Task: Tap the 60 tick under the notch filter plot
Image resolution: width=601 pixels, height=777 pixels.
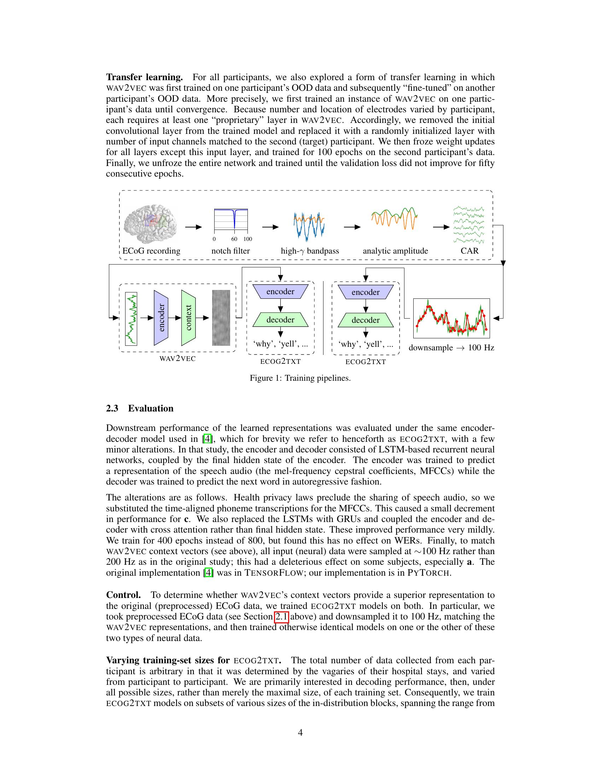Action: pos(234,239)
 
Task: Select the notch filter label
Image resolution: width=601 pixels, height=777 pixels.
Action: pos(231,251)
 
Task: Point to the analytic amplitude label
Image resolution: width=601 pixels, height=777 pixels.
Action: pos(395,251)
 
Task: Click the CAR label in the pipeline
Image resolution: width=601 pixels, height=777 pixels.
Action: pos(469,251)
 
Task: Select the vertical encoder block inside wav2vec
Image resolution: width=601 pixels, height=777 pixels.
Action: pos(161,318)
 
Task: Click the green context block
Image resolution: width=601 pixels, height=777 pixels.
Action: pos(188,318)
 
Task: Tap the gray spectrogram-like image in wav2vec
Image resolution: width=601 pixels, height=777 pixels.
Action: pos(221,318)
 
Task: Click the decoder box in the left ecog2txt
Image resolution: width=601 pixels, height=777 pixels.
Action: pos(281,320)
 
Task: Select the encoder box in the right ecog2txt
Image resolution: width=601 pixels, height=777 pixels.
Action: pos(366,292)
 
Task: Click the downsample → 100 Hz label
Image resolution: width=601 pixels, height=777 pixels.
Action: pos(451,348)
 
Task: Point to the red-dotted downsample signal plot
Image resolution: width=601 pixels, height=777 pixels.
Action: pos(451,318)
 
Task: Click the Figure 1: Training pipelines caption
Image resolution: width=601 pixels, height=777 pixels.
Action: pos(300,378)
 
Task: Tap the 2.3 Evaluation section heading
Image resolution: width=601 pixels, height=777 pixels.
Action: pos(140,408)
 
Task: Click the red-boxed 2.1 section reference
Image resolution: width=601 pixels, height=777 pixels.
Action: pos(282,616)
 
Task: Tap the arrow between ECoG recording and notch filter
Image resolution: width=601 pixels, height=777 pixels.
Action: pos(193,227)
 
